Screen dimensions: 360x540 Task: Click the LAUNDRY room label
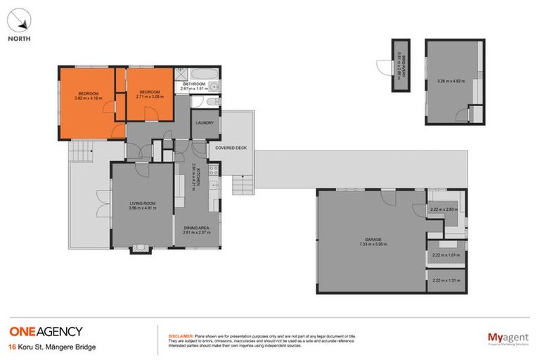205,122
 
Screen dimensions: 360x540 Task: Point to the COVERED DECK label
231,148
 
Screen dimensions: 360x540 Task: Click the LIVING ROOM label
141,202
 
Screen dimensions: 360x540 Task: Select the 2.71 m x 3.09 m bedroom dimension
150,97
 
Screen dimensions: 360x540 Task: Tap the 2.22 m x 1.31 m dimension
445,281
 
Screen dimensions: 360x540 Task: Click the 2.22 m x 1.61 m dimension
445,255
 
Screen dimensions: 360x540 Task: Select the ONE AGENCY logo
46,331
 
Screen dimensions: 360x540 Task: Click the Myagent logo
508,338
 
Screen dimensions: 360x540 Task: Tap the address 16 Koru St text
52,347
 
